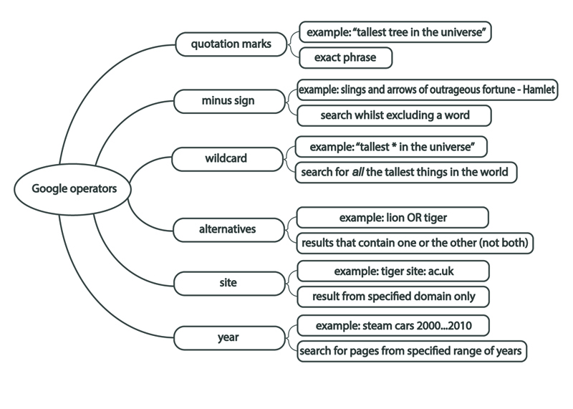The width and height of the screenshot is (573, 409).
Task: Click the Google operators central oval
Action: [71, 189]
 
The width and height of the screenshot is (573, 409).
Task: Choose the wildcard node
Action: [226, 158]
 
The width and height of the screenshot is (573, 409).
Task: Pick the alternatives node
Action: [227, 229]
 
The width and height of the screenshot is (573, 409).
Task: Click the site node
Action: [228, 283]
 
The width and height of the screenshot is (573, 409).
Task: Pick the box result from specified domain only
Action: [393, 296]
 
